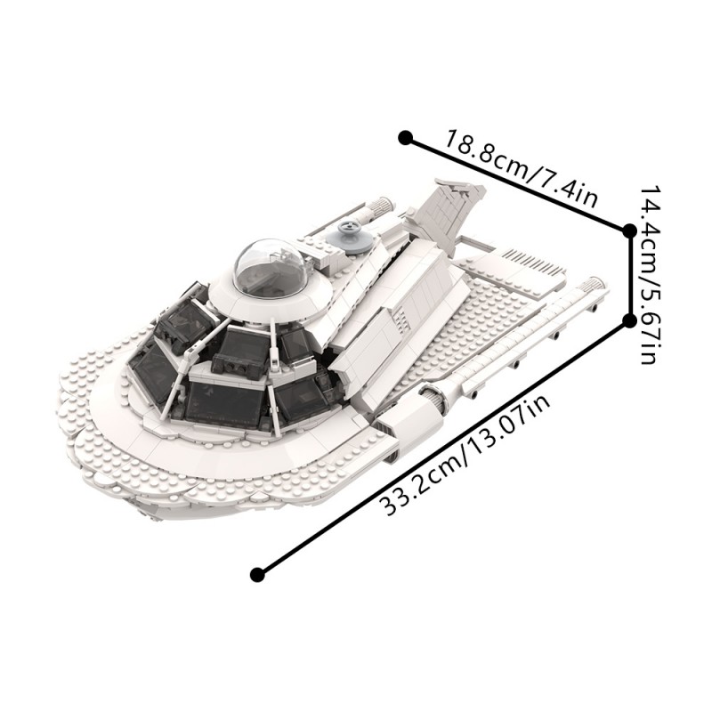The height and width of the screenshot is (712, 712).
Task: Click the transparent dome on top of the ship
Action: click(x=270, y=266)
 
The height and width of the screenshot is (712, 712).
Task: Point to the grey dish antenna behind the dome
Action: click(x=350, y=237)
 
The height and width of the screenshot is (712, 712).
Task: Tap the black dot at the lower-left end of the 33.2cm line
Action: click(x=257, y=574)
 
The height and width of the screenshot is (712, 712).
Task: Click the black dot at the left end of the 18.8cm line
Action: click(x=405, y=138)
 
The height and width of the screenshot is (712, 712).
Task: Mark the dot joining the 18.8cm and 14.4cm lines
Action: click(x=629, y=231)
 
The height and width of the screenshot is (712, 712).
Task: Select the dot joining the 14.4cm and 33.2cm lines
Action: click(x=629, y=321)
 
